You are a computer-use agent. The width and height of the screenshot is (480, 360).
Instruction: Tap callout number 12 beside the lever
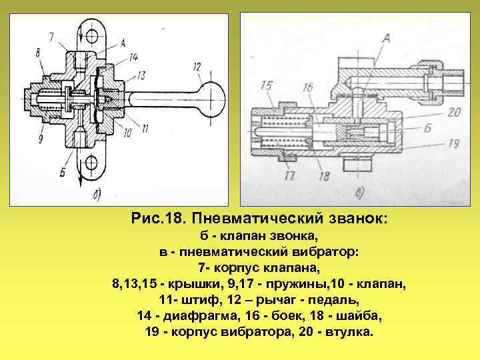[x=197, y=67]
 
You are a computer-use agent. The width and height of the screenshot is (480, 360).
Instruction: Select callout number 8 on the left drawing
[x=38, y=52]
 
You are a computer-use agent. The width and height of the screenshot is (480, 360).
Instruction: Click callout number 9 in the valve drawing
[x=41, y=139]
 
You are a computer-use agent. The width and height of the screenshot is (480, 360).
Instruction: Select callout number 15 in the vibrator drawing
[x=266, y=85]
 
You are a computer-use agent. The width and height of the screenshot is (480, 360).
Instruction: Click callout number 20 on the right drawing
[x=455, y=111]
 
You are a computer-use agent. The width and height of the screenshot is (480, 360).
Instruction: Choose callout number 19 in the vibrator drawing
[x=455, y=142]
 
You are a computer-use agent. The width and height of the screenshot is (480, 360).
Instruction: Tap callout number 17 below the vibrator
[x=289, y=177]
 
